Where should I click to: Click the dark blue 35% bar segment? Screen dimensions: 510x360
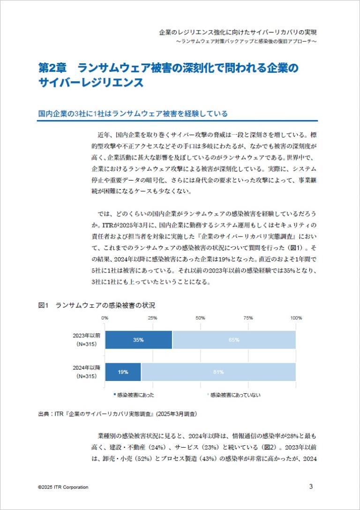point(138,340)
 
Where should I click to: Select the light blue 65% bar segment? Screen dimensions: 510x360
point(234,340)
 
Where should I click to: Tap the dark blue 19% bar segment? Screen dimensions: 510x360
point(123,372)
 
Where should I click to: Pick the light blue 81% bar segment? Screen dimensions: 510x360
point(218,372)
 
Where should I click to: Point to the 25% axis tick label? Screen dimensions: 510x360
point(152,318)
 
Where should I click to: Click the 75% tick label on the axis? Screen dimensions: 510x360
point(248,318)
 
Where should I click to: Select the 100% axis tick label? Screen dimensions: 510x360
point(296,318)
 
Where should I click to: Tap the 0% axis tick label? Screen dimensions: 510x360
point(105,318)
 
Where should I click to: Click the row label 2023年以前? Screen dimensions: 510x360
point(86,336)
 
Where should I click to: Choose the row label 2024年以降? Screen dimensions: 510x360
point(86,367)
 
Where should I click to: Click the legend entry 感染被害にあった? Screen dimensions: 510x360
point(135,395)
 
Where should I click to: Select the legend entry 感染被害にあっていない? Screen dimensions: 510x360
point(235,395)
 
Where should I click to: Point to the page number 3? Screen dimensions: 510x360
point(311,486)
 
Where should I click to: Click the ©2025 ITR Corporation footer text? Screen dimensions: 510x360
point(63,487)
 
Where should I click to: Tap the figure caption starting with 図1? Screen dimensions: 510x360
point(97,305)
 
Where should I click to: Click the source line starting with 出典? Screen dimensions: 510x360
point(117,414)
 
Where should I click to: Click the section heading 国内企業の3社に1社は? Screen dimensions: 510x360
point(133,114)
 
